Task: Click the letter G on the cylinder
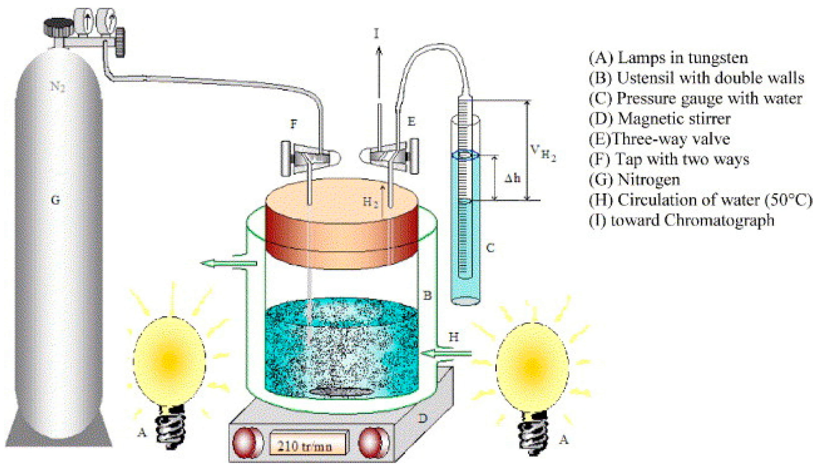tap(56, 200)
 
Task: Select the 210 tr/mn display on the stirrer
tap(304, 446)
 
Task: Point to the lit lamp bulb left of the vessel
tap(169, 361)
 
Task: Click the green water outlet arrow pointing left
tap(229, 263)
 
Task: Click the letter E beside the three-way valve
tap(411, 122)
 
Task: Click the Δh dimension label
tap(512, 179)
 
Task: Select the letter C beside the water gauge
tap(490, 248)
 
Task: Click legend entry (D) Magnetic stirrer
tap(659, 119)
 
